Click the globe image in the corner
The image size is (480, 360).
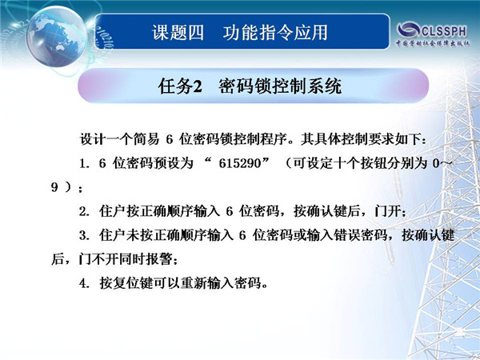pos(57,36)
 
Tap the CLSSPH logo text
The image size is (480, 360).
pos(444,31)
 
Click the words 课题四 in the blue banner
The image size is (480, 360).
pos(178,33)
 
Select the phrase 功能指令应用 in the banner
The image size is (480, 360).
pos(275,33)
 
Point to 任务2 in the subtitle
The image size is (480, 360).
pos(180,86)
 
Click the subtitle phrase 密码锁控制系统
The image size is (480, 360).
pos(280,86)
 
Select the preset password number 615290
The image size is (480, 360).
pos(240,163)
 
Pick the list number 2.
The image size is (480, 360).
pos(82,211)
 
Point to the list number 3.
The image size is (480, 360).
pos(82,236)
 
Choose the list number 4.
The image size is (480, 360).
pos(82,283)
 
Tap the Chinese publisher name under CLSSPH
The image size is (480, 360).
pos(433,43)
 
